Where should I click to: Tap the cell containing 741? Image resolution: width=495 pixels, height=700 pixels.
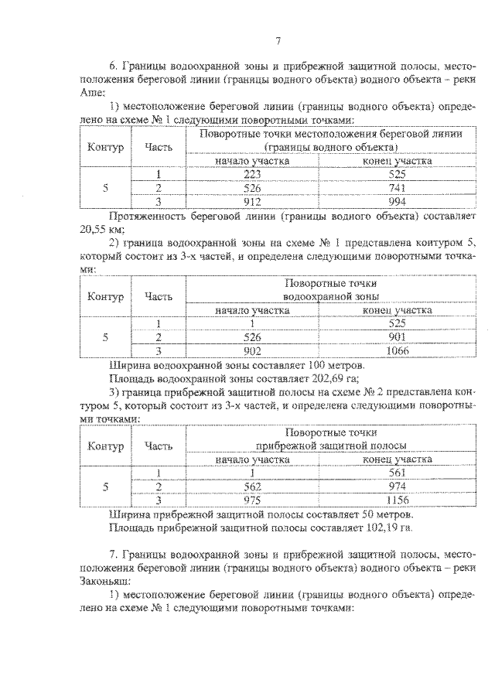click(398, 188)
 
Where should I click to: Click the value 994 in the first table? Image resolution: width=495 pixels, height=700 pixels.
click(398, 201)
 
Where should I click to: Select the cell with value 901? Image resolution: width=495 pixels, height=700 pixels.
click(398, 337)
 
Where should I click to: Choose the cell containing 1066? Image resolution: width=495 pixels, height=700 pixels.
click(398, 350)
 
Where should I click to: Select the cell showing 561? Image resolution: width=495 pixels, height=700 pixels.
click(398, 473)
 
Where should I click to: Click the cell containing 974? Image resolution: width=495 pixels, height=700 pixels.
click(398, 487)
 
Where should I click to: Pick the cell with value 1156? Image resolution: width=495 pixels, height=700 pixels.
click(398, 500)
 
